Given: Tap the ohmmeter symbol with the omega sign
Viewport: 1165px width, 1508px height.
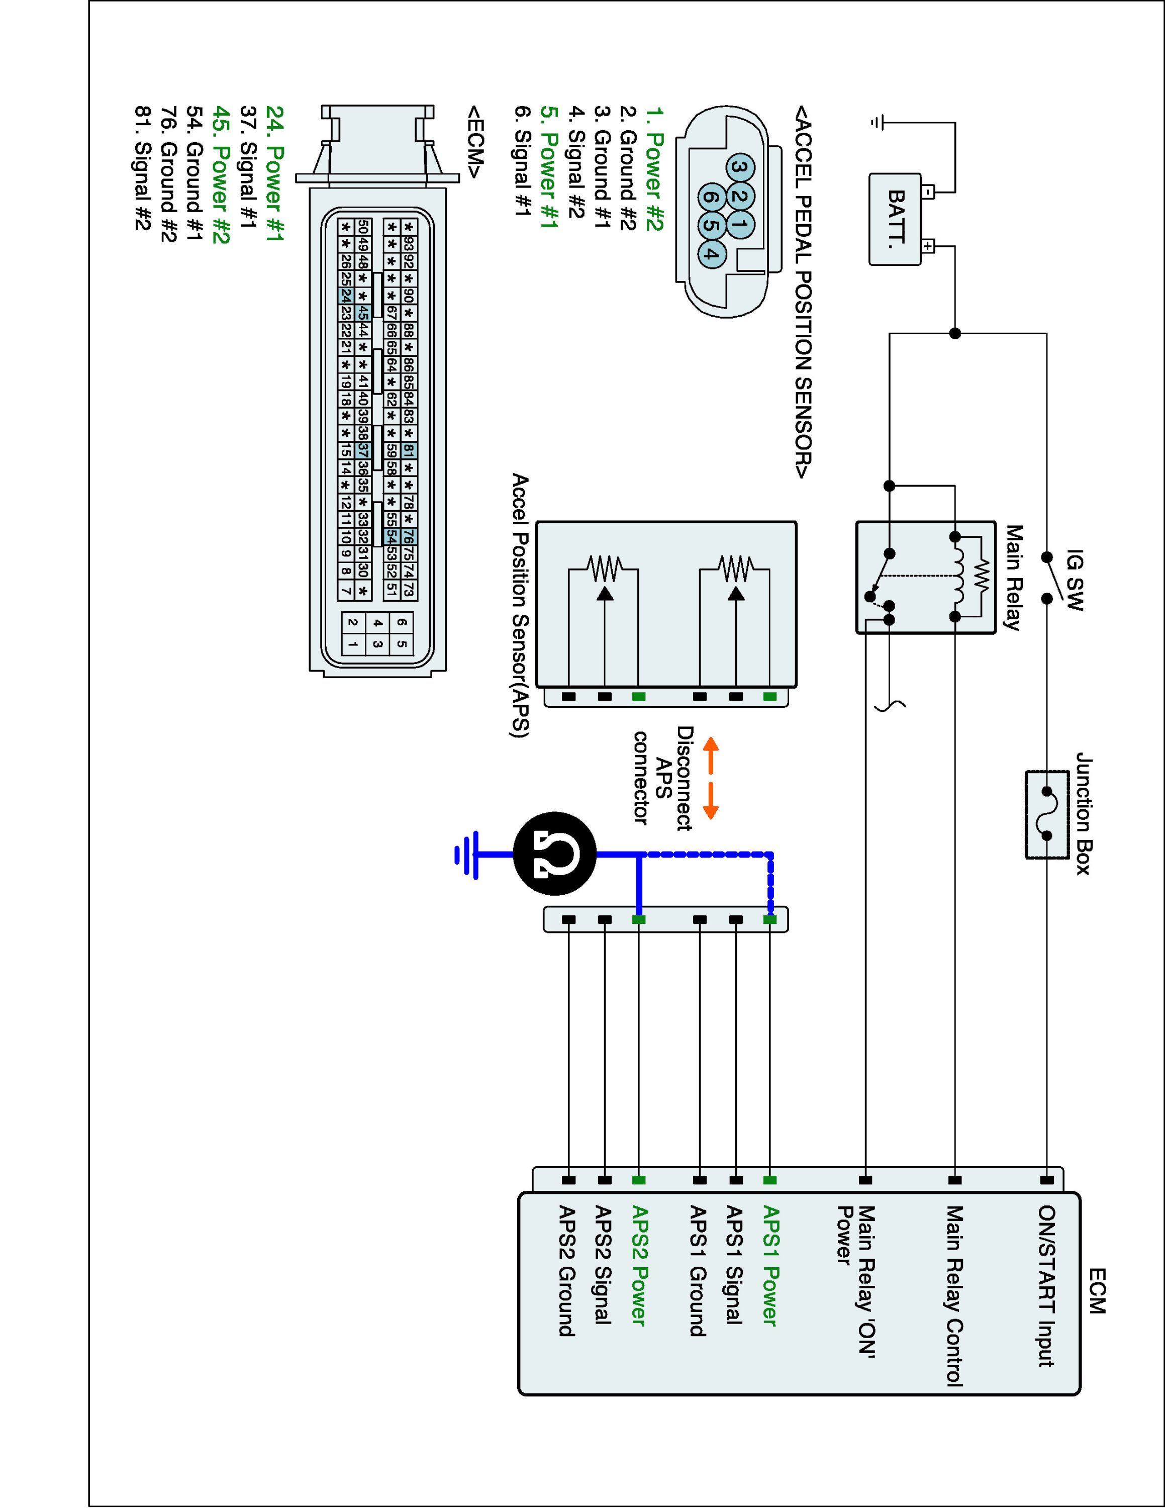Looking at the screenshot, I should pyautogui.click(x=554, y=855).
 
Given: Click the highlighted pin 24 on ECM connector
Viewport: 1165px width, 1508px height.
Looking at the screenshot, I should pyautogui.click(x=346, y=296).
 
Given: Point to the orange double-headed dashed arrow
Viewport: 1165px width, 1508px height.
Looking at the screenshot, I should pyautogui.click(x=710, y=779).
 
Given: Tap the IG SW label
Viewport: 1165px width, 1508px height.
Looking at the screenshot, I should pyautogui.click(x=1075, y=580).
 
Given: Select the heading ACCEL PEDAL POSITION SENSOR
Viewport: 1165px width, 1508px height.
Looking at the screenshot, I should pyautogui.click(x=802, y=292).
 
